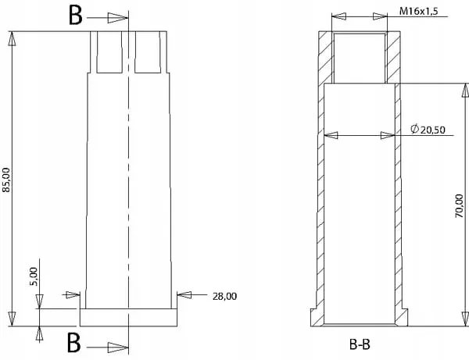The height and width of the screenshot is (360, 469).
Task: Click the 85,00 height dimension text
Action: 6,180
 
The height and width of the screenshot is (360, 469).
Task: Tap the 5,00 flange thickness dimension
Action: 34,276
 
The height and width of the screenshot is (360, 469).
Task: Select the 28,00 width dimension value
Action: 224,297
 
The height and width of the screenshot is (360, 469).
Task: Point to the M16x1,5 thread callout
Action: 419,12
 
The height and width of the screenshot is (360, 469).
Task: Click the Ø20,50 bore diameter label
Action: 428,130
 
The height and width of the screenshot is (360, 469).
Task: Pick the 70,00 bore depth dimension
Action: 459,206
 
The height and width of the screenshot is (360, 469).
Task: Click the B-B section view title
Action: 360,344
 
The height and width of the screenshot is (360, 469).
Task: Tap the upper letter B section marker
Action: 75,16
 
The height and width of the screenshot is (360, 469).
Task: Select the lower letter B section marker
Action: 73,342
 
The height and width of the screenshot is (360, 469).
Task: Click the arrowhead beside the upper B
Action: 117,18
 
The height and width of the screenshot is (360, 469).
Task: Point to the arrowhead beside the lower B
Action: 118,348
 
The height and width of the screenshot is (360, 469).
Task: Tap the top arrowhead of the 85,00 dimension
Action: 12,38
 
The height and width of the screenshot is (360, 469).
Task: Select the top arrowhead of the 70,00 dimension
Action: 465,91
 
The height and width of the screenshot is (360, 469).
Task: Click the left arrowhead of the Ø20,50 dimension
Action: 331,135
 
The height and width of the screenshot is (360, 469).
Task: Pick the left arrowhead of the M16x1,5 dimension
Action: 339,16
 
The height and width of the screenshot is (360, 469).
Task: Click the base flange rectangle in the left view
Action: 128,318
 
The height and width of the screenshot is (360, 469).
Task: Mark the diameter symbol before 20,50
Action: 414,129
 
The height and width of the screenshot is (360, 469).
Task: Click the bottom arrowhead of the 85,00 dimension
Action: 12,319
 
